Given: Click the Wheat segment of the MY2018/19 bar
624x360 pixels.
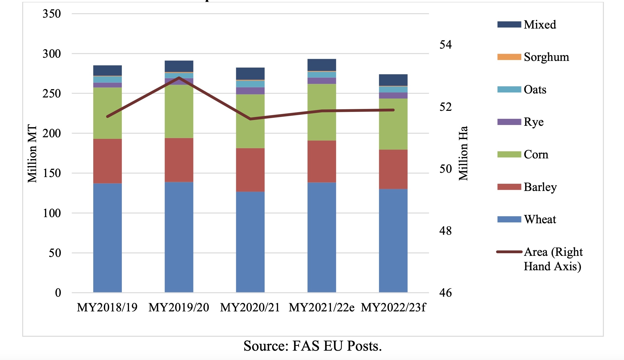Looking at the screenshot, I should [107, 238].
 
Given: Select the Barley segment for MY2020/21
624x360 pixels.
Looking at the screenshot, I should [250, 170].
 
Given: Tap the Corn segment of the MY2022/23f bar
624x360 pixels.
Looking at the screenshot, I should [393, 124].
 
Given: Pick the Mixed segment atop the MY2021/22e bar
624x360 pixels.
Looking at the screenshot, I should [322, 65].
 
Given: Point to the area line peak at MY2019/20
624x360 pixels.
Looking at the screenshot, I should [179, 77].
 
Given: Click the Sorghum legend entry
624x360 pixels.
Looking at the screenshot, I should [546, 57].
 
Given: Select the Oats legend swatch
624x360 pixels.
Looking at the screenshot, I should [509, 89].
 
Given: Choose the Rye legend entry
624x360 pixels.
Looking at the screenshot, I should [533, 122].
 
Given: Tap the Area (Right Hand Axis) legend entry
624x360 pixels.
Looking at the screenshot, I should [553, 259].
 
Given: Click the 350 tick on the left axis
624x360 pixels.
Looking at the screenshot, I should [52, 14].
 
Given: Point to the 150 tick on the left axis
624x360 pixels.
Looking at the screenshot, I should [52, 173].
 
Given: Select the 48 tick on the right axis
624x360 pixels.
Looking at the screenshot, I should [445, 230].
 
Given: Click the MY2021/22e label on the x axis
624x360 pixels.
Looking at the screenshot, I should [322, 307].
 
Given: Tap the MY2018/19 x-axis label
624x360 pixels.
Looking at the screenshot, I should [107, 307].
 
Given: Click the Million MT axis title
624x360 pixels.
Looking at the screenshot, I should [32, 154].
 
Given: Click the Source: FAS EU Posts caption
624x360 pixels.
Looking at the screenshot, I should [313, 346].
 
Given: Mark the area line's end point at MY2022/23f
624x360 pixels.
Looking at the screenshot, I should [393, 110].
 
